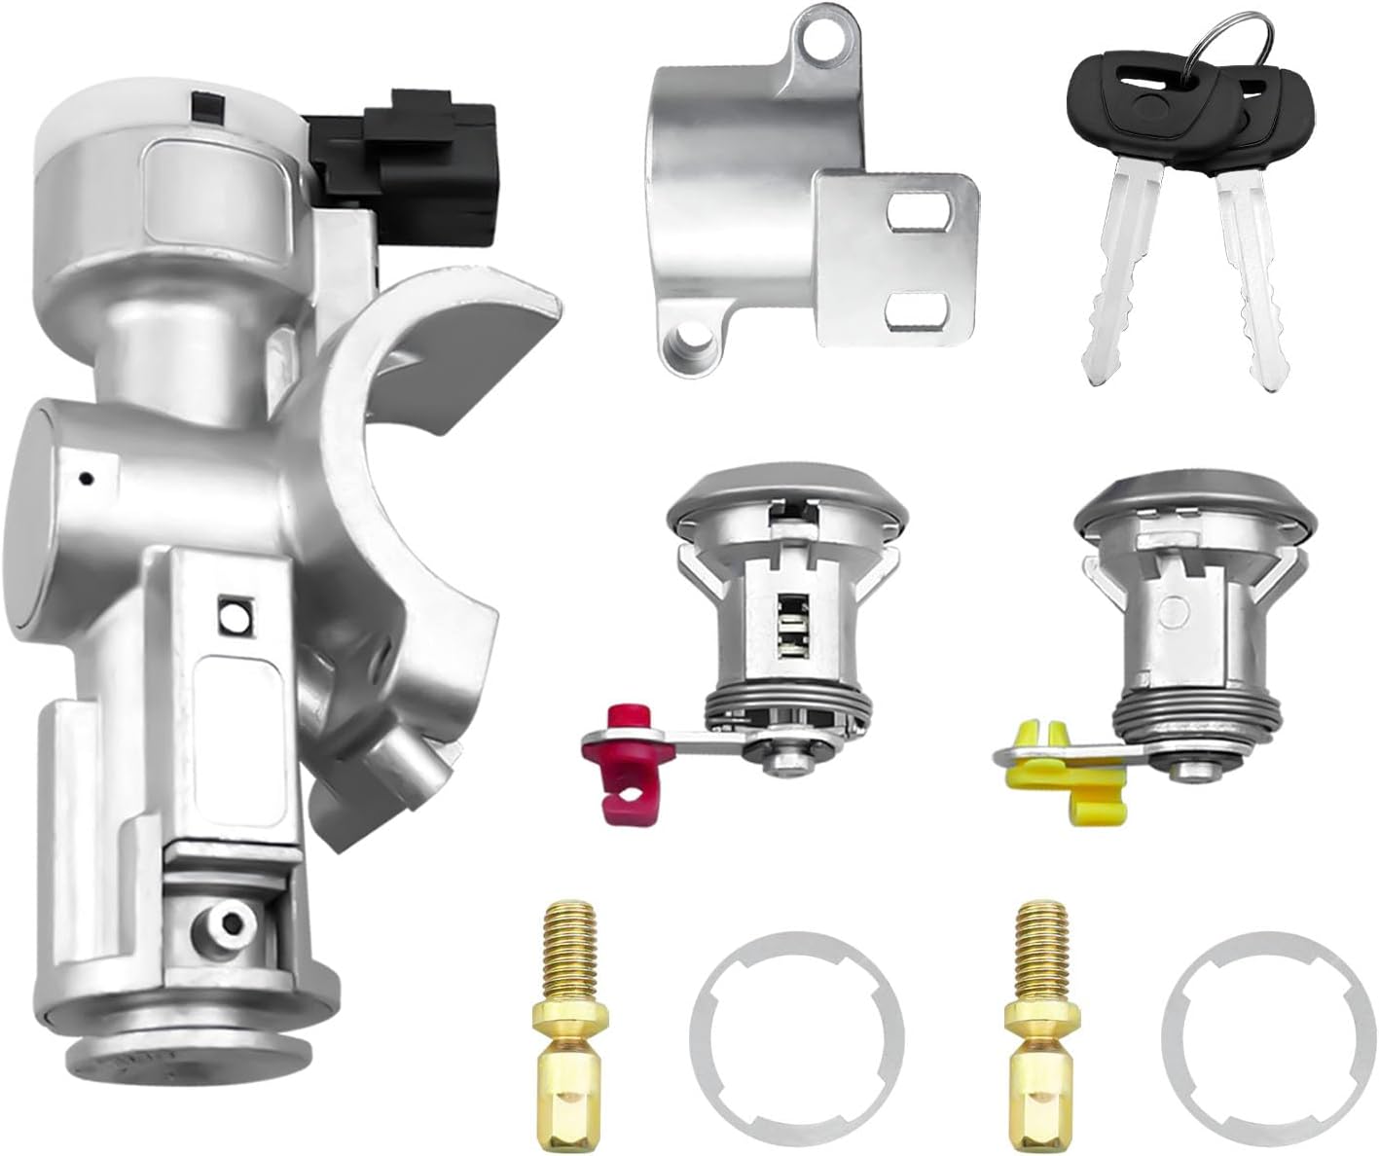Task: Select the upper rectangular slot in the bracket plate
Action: coord(919,215)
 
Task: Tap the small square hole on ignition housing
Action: coord(233,615)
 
